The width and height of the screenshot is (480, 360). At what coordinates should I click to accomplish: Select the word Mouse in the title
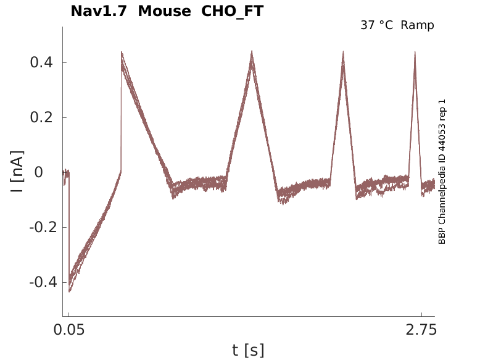click(163, 11)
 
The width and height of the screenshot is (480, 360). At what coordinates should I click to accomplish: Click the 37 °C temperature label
click(377, 25)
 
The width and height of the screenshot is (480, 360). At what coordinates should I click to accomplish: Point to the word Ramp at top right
click(417, 25)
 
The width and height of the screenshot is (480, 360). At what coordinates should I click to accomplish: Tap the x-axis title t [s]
click(248, 351)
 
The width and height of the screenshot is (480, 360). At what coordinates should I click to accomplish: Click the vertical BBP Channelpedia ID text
click(442, 172)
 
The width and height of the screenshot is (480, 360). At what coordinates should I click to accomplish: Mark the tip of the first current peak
click(122, 52)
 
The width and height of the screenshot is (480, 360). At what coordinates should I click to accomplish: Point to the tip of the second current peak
click(252, 51)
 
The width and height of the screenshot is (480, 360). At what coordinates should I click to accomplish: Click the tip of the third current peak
click(343, 52)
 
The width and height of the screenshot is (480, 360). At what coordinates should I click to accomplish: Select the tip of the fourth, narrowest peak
click(415, 52)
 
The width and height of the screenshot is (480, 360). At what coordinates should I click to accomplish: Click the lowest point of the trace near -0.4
click(70, 291)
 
